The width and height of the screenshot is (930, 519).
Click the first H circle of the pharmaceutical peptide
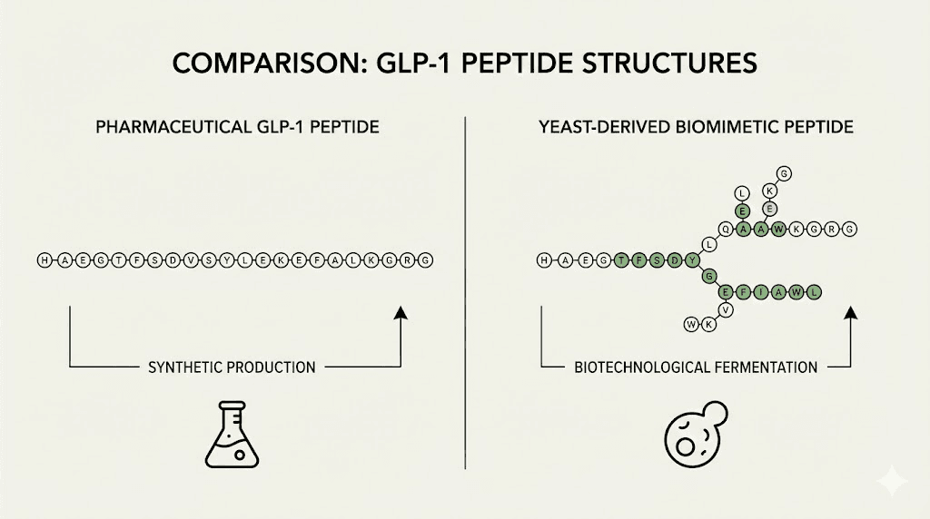(x=43, y=260)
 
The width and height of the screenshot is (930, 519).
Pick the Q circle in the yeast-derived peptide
(x=726, y=230)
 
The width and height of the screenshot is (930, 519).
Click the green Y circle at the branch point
(x=694, y=260)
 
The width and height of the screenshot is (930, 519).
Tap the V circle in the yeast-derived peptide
(x=726, y=308)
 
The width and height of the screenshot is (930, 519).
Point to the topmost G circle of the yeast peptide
(x=784, y=172)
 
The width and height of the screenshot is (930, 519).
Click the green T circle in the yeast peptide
(x=619, y=260)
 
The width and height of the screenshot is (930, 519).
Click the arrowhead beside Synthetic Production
(x=401, y=314)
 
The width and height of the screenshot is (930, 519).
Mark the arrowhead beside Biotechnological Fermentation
(x=851, y=314)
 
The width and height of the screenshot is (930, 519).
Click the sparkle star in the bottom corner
(x=895, y=482)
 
